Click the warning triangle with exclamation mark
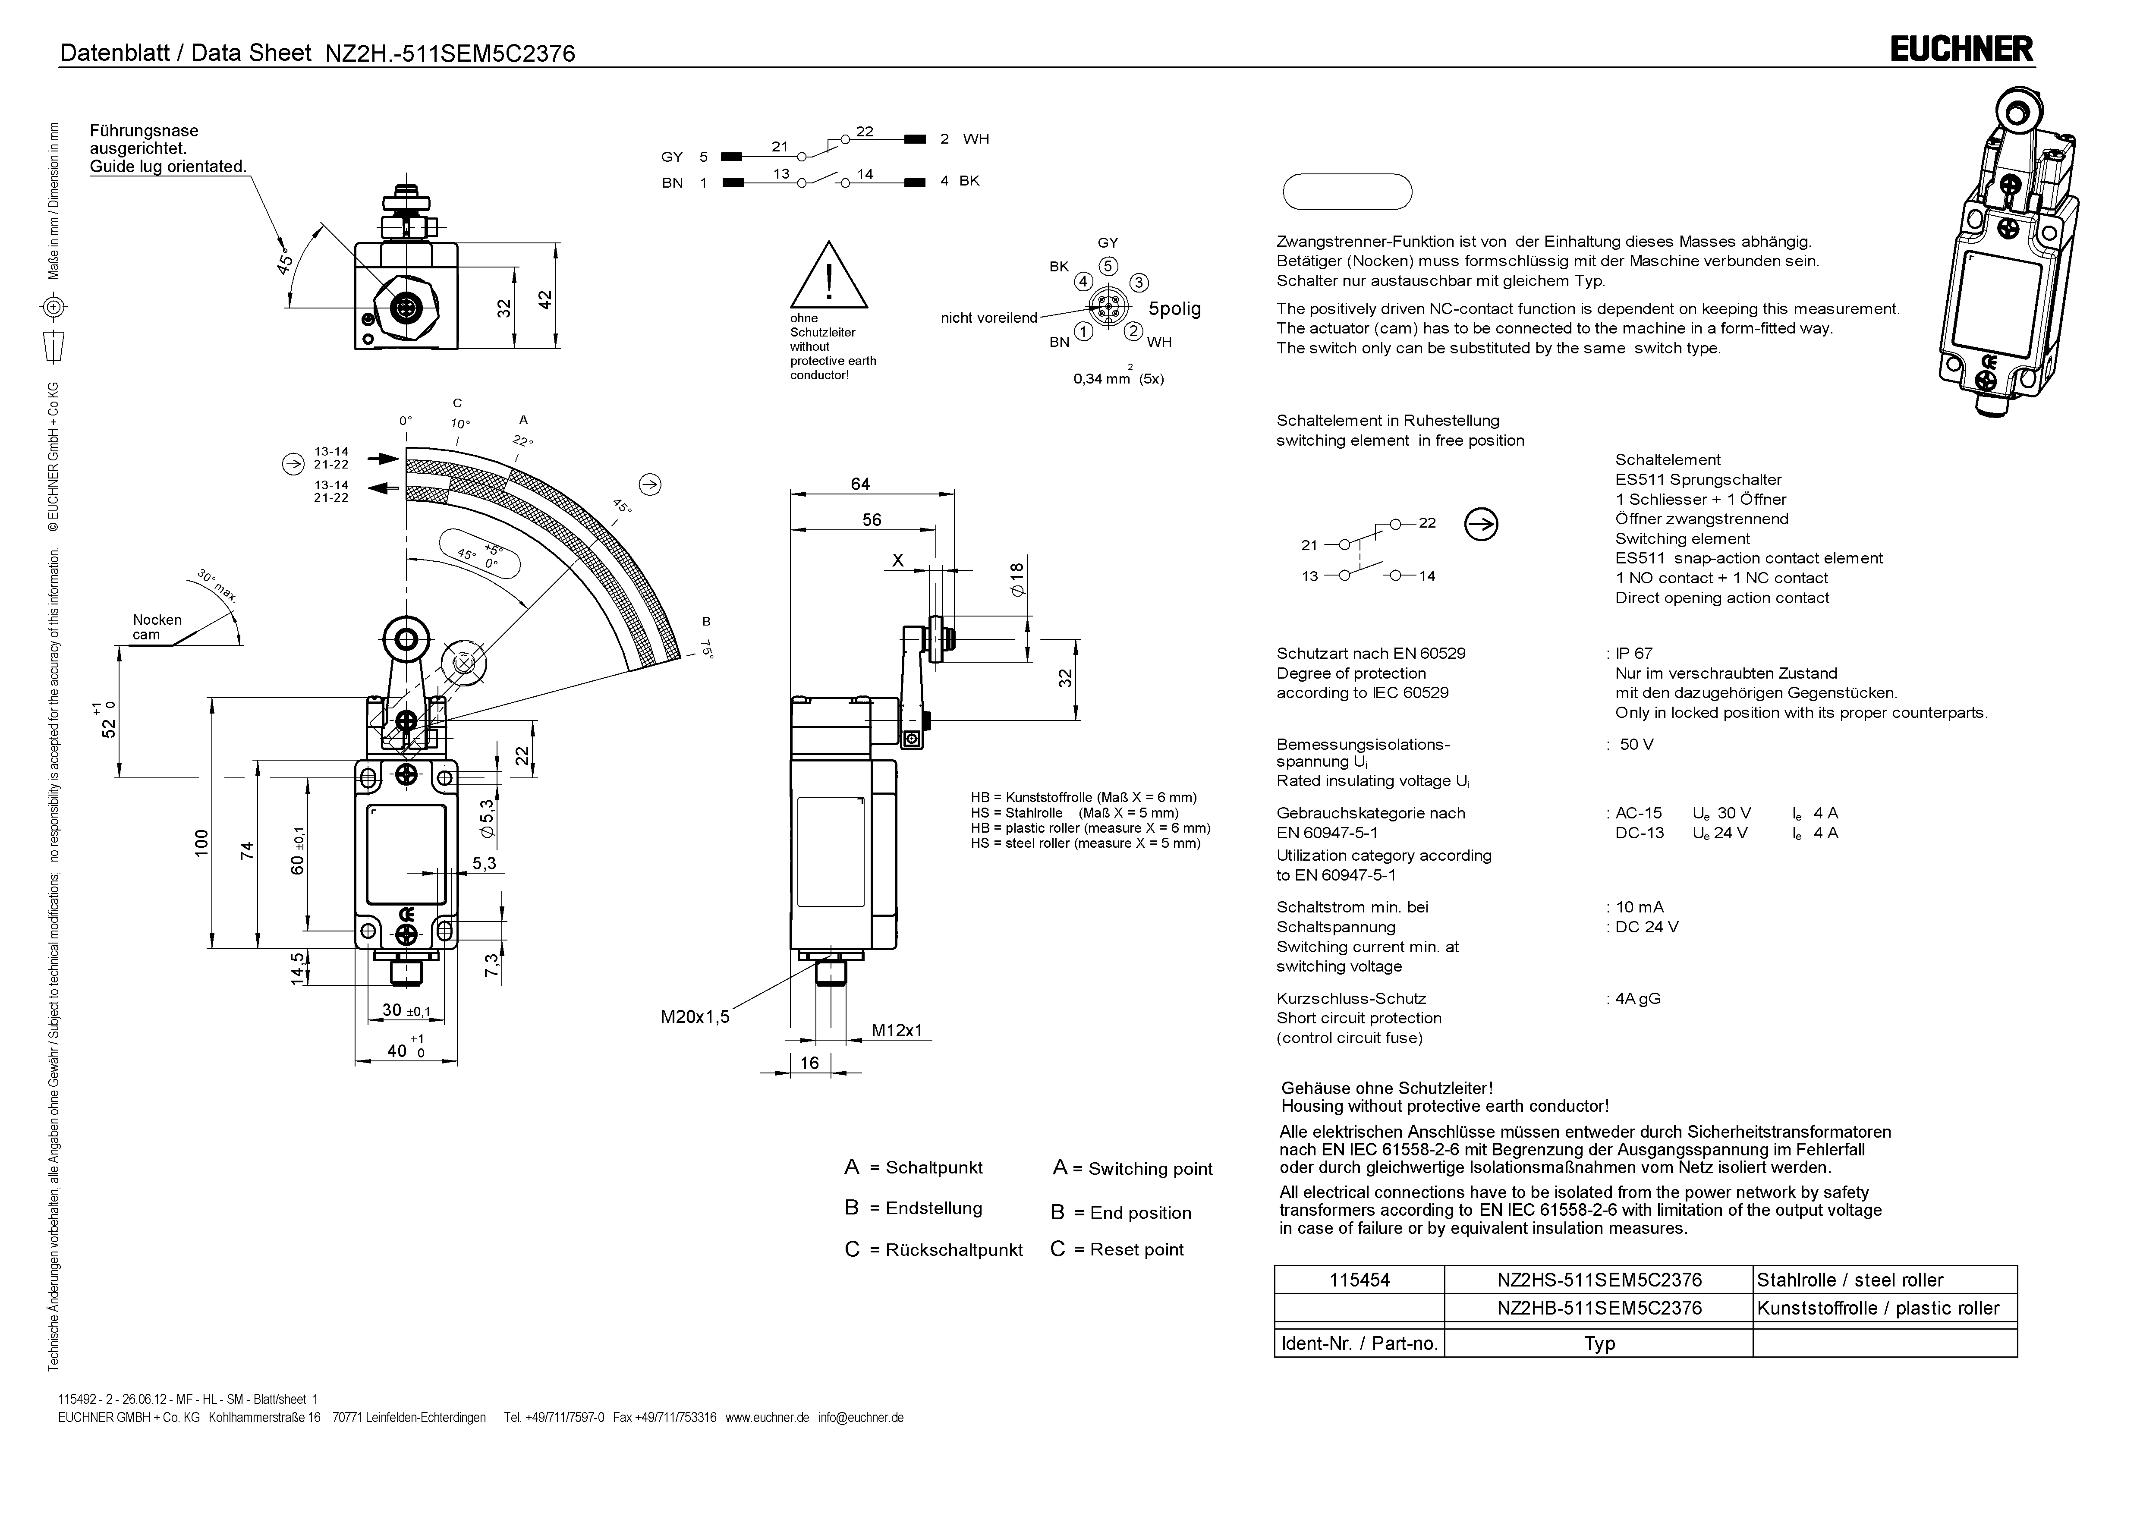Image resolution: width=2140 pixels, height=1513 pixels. (x=828, y=277)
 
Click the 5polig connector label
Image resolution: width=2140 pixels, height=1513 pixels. (x=1174, y=308)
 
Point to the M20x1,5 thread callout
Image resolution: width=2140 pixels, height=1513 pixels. (x=694, y=1017)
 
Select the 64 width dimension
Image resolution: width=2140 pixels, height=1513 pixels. (x=860, y=484)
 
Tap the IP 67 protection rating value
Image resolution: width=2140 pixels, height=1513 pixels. (x=1635, y=654)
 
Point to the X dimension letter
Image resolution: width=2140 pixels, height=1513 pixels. (x=897, y=560)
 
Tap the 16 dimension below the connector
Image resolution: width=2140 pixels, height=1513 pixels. (x=809, y=1063)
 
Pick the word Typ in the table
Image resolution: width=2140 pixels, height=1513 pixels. (x=1599, y=1343)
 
